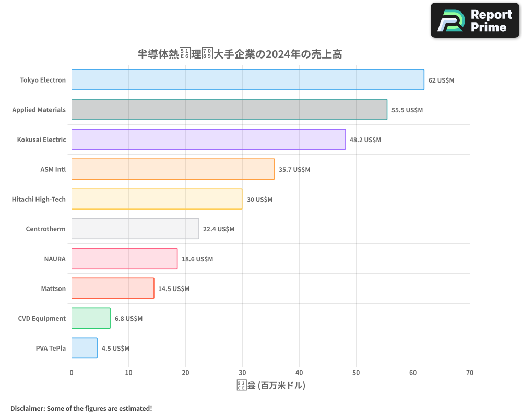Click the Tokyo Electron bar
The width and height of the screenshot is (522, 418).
tap(247, 80)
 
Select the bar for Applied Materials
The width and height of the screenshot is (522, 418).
tap(229, 110)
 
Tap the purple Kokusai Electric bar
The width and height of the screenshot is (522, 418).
tap(208, 140)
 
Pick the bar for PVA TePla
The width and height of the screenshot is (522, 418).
tap(84, 348)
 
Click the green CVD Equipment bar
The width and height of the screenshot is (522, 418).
tap(91, 318)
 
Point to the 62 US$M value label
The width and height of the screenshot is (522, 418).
tap(441, 80)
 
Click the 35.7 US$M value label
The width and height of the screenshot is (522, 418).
tap(294, 170)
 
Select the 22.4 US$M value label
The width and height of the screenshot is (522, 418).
tap(219, 229)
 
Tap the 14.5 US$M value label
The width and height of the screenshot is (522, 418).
tap(174, 289)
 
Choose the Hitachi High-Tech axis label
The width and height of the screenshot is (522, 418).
tap(39, 199)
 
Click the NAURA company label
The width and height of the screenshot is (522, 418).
tap(55, 259)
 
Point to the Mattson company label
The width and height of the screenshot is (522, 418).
tap(53, 288)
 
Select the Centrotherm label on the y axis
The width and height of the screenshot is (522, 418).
tap(45, 229)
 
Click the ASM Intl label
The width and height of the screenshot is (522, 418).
tap(53, 169)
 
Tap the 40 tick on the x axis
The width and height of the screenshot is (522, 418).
tap(299, 373)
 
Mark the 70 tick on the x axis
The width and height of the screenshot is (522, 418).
tap(470, 373)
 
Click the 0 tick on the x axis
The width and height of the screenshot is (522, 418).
tap(72, 373)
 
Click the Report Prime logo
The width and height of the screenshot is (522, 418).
tap(474, 20)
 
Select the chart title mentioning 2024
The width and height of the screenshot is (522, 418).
tap(240, 54)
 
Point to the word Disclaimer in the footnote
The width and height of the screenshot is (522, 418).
tap(27, 408)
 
